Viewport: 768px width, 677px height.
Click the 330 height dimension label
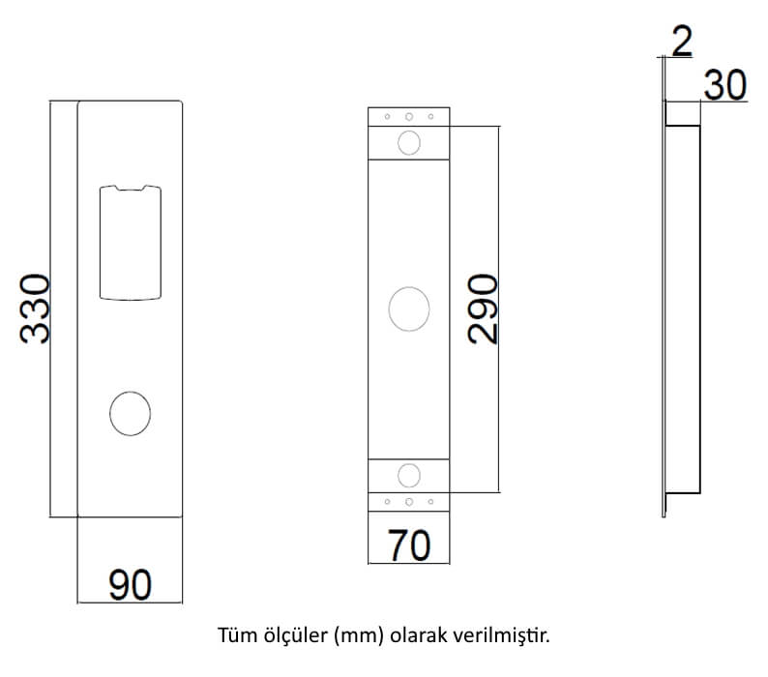click(x=35, y=309)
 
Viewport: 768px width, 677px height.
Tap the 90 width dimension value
click(x=130, y=585)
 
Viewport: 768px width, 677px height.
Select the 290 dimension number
click(x=483, y=309)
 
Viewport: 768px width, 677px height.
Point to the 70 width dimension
click(x=409, y=545)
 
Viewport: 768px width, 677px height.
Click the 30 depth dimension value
click(x=725, y=85)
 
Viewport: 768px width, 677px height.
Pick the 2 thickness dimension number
click(x=682, y=42)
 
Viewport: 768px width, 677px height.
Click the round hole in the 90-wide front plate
click(x=131, y=413)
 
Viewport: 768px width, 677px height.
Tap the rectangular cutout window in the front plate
click(x=131, y=243)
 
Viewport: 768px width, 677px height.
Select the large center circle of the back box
click(x=409, y=309)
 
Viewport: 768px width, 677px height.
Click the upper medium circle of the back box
click(x=409, y=142)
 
